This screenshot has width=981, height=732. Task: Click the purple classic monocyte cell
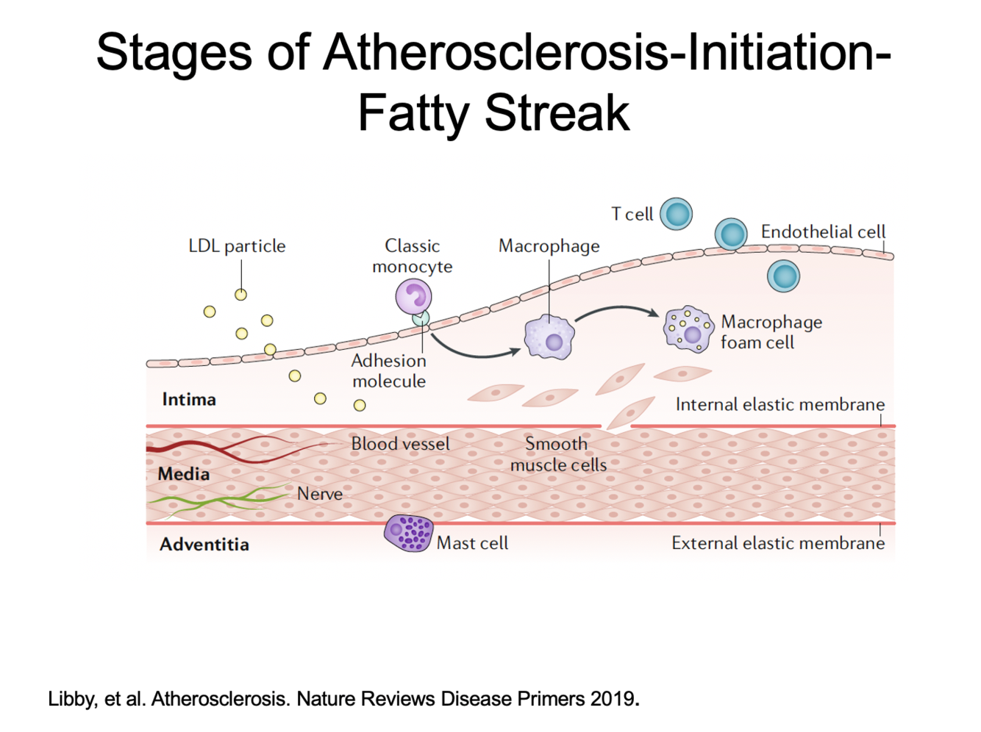pos(413,296)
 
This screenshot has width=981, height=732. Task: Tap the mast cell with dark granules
pos(408,533)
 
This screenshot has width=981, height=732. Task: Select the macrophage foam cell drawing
pos(688,329)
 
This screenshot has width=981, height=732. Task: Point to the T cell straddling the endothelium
pos(731,234)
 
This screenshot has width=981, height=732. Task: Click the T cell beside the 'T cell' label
pos(676,214)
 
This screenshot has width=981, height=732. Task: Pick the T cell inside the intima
pos(783,276)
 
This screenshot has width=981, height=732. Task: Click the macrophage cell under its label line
pos(549,337)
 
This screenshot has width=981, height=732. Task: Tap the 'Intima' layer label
pos(189,400)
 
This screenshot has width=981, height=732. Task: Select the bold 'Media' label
pos(184,474)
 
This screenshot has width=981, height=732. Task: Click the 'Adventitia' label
pos(204,545)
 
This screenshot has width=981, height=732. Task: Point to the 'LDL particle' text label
pos(237,246)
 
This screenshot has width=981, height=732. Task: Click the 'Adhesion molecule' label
pos(389,371)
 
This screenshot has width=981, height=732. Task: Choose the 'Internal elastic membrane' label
pos(780,404)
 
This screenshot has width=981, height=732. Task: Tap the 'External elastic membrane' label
pos(778,543)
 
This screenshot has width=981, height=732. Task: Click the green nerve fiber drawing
pos(221,500)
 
